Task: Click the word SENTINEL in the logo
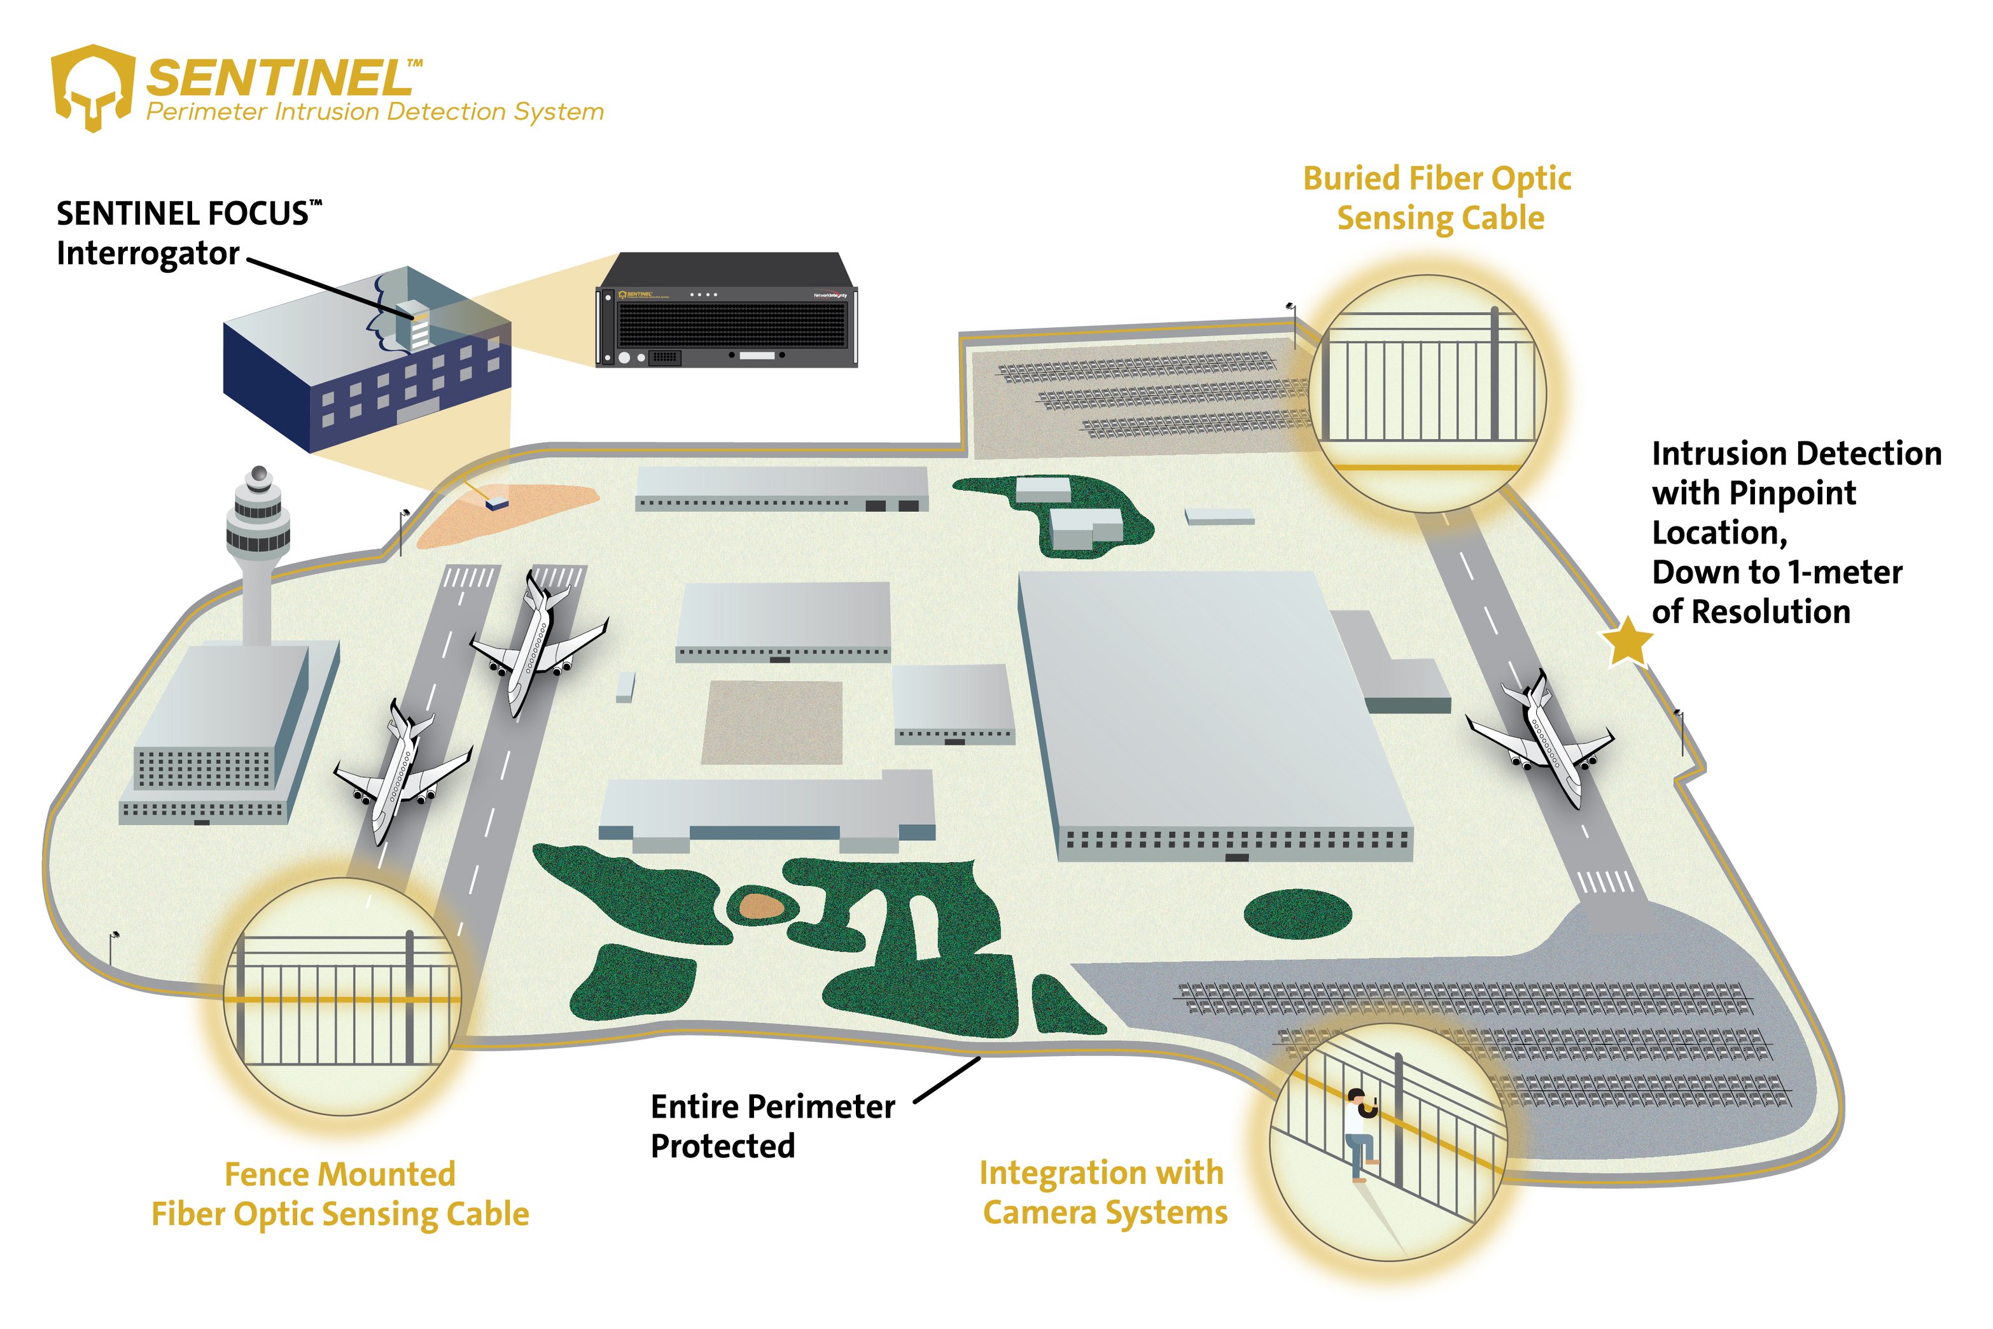tap(279, 79)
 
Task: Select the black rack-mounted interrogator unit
tap(727, 311)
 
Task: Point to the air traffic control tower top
tap(258, 509)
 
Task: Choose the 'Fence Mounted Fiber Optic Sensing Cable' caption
tap(340, 1194)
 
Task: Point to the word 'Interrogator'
tap(148, 253)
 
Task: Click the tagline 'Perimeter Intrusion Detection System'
tap(375, 112)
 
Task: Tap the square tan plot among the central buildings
tap(772, 722)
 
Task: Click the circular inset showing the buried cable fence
tap(1428, 394)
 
